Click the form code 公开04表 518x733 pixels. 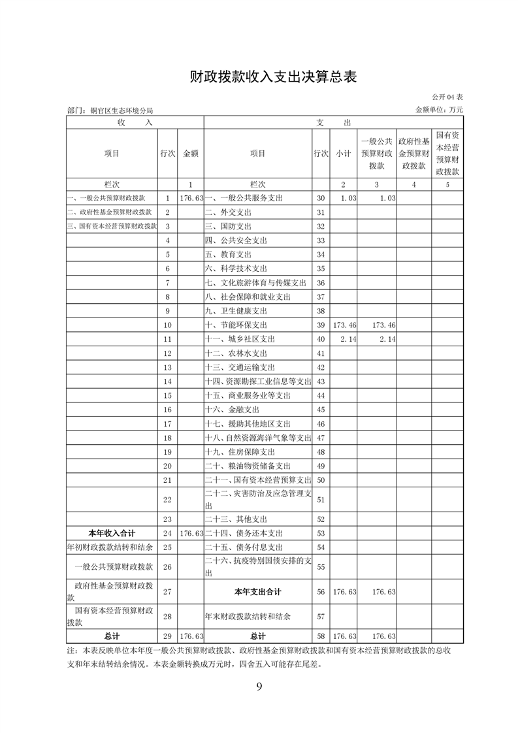pos(447,97)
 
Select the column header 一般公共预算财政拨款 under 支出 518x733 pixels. pos(377,154)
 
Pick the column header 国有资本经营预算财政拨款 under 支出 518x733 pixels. pos(447,154)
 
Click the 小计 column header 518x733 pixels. pos(344,154)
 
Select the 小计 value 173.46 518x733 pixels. pos(344,325)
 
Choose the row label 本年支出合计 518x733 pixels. pos(257,592)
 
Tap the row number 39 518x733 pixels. pos(320,325)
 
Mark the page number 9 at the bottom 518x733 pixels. pos(259,686)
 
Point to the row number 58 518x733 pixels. pos(320,636)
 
